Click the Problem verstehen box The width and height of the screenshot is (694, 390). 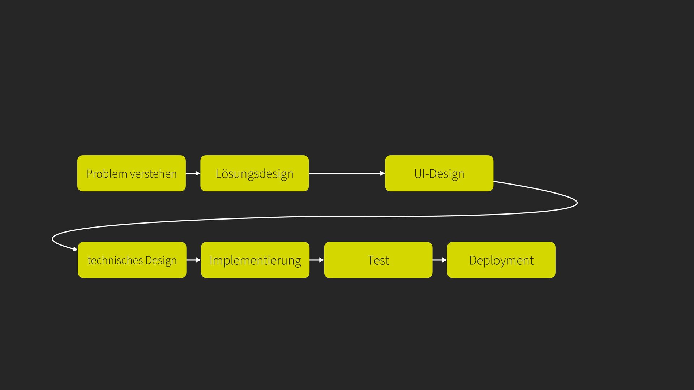[132, 173]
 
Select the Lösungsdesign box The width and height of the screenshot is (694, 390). [254, 173]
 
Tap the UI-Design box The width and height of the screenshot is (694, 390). [439, 173]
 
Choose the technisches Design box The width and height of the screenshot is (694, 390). [132, 260]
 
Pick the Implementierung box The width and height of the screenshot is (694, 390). [255, 260]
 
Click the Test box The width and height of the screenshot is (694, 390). [378, 260]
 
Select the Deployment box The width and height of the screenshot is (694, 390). [501, 260]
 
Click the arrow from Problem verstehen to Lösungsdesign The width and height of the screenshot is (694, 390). [193, 173]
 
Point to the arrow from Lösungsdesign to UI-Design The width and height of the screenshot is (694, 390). [347, 173]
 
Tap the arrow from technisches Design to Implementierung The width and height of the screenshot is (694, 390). [194, 260]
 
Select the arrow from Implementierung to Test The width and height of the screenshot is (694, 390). [317, 260]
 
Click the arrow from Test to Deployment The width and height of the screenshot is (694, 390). [440, 260]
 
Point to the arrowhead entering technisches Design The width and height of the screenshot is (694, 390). [76, 249]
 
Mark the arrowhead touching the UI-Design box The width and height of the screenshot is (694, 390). [383, 173]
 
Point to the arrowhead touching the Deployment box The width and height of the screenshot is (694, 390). [445, 260]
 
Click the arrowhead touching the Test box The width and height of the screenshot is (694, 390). [322, 260]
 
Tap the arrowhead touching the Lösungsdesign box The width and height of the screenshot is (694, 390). [198, 173]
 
